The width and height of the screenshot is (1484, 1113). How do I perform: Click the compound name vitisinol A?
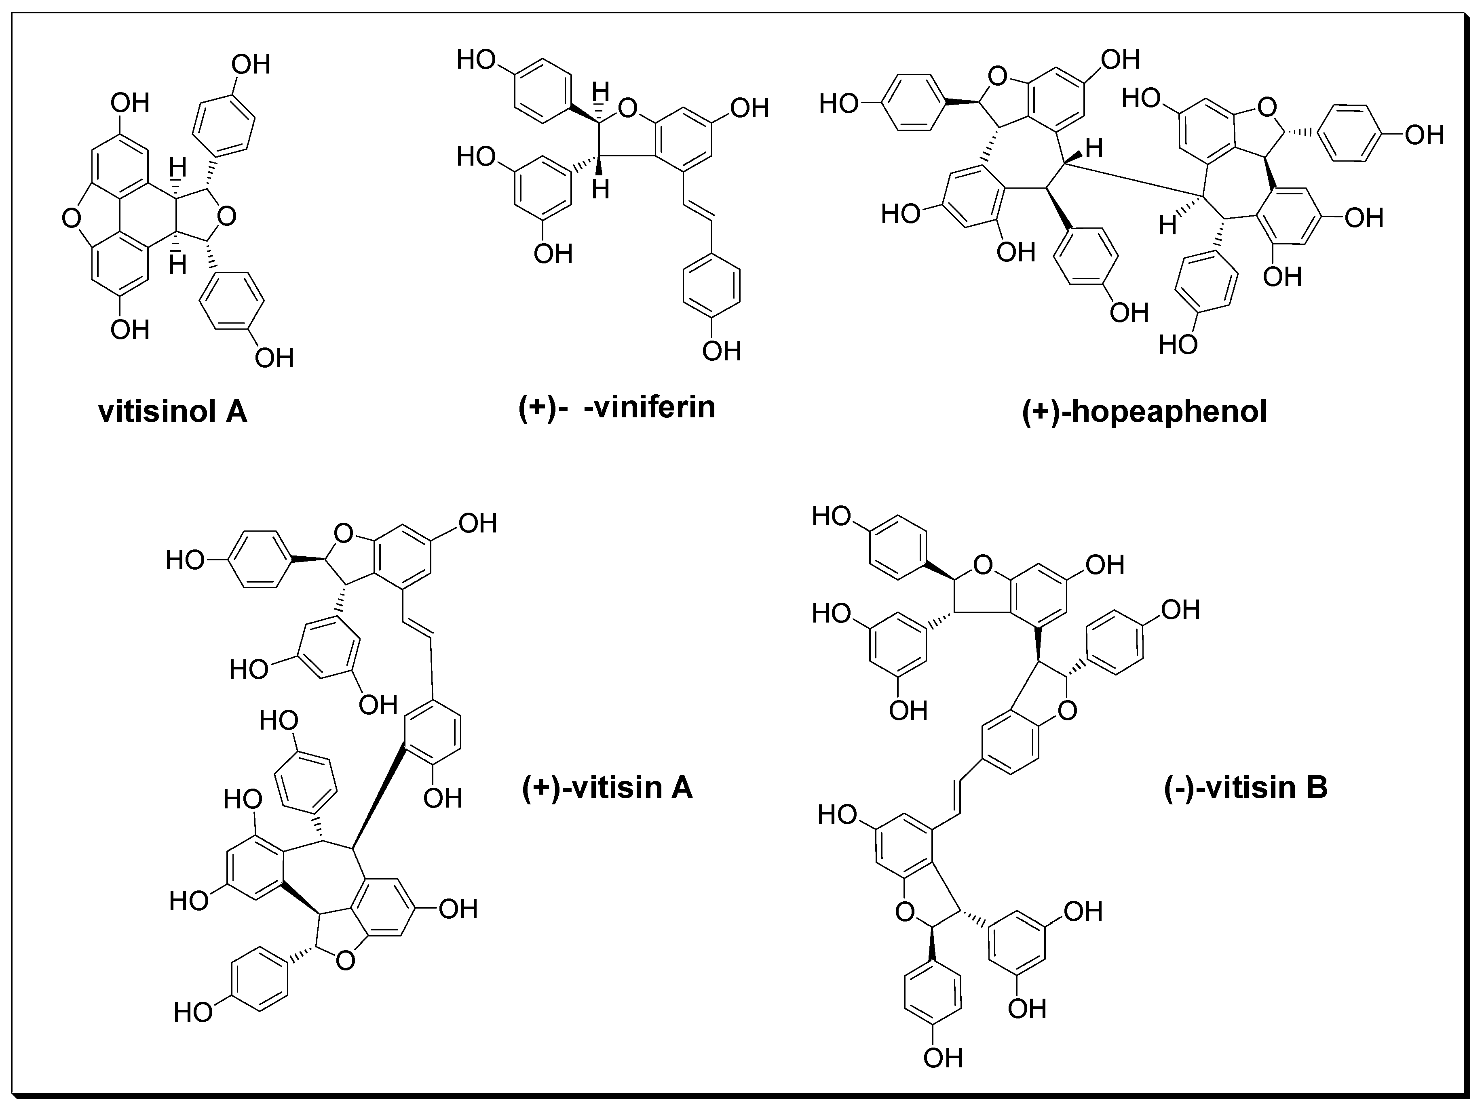coord(173,411)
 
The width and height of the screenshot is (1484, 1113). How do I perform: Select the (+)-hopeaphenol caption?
coord(1144,411)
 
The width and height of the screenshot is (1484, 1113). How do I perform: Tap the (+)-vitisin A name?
coord(607,787)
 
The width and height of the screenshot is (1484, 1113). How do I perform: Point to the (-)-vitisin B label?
coord(1246,787)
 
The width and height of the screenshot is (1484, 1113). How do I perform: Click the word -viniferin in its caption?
coord(649,407)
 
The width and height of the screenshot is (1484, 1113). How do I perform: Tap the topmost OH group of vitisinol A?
coord(250,65)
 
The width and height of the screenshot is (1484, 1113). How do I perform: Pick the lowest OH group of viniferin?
coord(721,351)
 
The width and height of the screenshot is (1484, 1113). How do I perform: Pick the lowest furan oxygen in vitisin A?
coord(346,961)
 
